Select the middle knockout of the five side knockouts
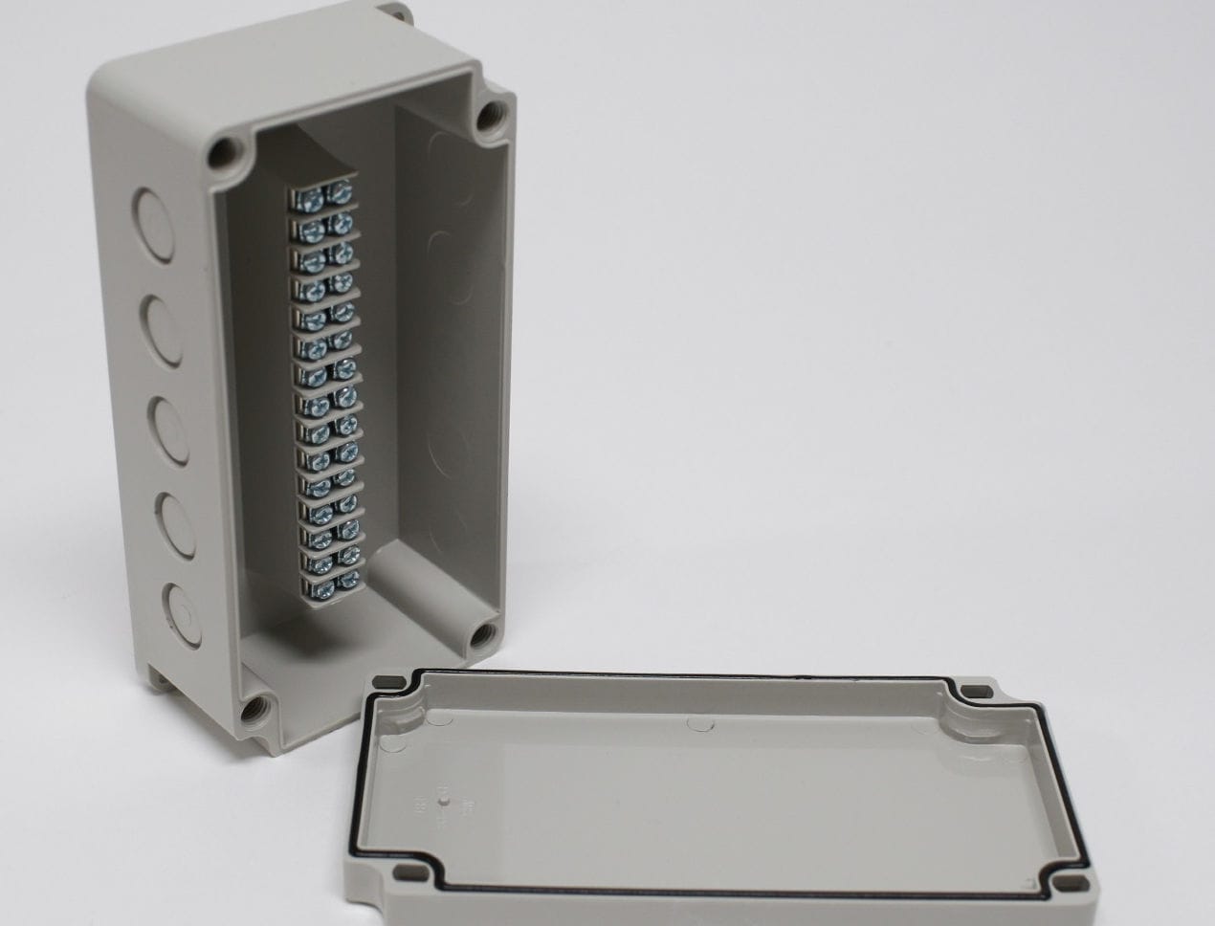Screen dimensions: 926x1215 pos(167,421)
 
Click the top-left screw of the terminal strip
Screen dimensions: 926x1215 pos(310,197)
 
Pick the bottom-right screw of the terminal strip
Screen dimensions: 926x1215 pos(348,580)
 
